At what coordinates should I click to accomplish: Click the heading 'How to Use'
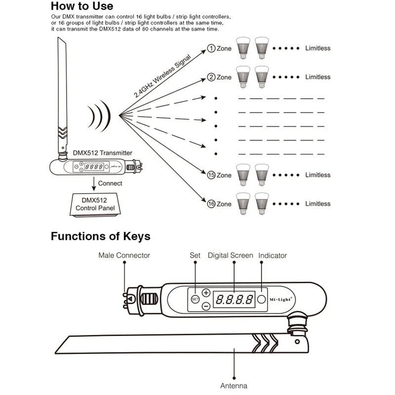pos(82,6)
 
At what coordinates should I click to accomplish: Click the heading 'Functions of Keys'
pos(100,237)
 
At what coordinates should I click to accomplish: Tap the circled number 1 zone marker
pos(211,48)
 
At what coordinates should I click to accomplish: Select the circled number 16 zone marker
pos(211,204)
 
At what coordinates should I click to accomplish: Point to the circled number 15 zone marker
pos(211,175)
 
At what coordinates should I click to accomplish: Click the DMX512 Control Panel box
pos(95,204)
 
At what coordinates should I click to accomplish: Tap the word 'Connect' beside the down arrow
pos(110,183)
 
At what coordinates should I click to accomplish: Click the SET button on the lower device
pos(195,299)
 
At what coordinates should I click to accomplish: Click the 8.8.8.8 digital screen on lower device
pos(234,299)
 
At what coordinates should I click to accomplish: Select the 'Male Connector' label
pos(124,255)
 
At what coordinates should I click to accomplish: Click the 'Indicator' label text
pos(273,255)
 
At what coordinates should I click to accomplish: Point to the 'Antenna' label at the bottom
pos(234,386)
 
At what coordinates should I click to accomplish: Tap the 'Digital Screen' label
pos(230,255)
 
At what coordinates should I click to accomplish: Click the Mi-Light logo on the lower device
pos(281,299)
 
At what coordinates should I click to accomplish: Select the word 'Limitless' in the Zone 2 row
pos(317,77)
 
